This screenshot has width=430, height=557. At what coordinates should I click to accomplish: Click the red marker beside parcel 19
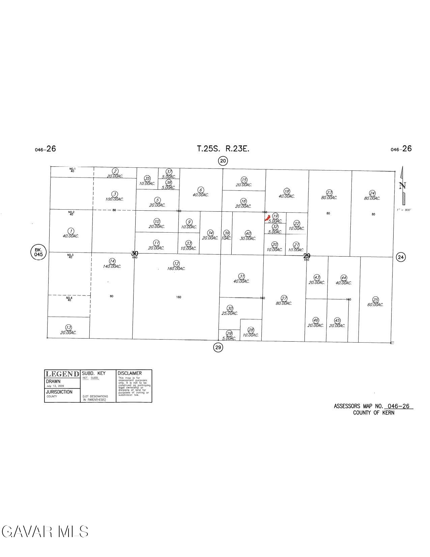pos(267,218)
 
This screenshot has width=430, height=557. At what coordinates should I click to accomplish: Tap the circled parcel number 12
pos(176,263)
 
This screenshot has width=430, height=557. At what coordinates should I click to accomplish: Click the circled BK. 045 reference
pos(38,253)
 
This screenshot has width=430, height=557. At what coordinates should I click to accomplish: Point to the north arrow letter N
pos(402,186)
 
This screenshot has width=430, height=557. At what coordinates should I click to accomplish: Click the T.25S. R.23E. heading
pos(223,149)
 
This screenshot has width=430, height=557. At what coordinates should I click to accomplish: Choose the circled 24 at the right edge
pos(401,257)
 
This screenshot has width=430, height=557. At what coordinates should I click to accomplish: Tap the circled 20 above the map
pos(223,161)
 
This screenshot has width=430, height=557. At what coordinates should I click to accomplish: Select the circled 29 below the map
pos(218,347)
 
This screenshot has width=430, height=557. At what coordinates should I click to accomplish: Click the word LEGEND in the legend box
pos(62,374)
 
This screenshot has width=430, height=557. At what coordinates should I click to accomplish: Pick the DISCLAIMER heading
pos(130,373)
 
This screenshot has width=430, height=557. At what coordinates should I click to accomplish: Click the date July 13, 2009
pos(55,386)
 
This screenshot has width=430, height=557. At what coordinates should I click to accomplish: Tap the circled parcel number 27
pos(284,298)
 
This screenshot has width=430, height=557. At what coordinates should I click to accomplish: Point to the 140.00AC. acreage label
pos(112,266)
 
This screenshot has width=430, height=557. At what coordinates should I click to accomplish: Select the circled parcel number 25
pos(376,299)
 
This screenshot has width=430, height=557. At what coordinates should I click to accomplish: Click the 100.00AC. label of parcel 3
pos(114,199)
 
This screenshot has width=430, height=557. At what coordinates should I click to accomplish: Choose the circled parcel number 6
pos(201,190)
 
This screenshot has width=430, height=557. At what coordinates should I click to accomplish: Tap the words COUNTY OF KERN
pos(374,413)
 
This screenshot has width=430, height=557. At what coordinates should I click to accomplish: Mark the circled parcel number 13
pos(68,327)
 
